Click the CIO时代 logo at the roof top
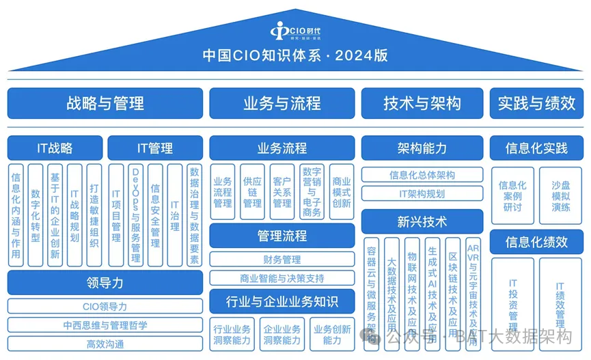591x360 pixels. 294,31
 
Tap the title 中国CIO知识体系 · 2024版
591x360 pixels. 294,55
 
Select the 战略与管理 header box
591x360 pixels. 105,103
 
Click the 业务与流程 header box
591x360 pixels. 281,103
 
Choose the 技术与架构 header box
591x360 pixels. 422,103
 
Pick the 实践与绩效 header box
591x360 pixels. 536,103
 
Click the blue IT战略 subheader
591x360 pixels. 55,148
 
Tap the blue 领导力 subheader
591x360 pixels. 105,282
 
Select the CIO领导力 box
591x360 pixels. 105,307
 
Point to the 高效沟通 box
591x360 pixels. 105,344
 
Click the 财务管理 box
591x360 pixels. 281,260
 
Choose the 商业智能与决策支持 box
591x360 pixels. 281,278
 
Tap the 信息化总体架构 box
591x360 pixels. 422,175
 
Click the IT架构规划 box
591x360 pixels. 422,193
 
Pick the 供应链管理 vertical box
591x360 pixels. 252,192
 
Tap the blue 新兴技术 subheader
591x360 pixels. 422,221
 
